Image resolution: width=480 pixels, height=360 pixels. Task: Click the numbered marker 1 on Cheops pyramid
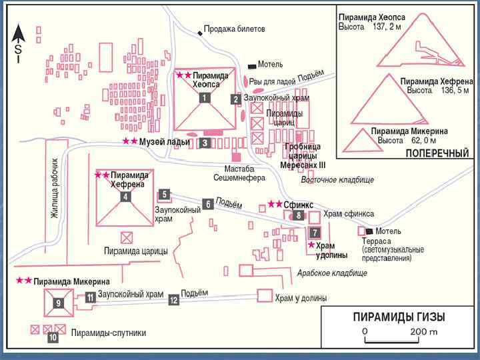[x=205, y=97]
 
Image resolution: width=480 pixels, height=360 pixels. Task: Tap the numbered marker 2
[x=235, y=99]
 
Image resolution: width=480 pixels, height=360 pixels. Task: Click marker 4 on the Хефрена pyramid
[x=125, y=197]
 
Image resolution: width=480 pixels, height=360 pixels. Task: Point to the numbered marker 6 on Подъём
[x=209, y=205]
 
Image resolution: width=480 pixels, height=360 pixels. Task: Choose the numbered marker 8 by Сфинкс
[x=299, y=215]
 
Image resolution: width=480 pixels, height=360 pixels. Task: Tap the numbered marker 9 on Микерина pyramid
[x=59, y=303]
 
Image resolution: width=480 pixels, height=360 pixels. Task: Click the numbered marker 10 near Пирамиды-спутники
[x=53, y=337]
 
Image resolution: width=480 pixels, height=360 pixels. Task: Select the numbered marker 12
[x=174, y=300]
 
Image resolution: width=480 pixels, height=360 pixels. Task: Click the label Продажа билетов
[x=234, y=29]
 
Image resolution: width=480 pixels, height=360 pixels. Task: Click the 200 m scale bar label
[x=424, y=331]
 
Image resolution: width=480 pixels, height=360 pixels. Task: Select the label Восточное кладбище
[x=337, y=180]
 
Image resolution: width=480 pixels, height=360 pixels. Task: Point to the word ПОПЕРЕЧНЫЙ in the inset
[x=437, y=153]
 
